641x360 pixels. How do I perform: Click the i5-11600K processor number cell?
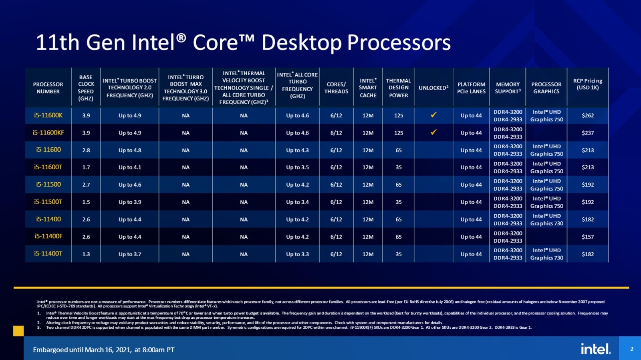tap(48, 115)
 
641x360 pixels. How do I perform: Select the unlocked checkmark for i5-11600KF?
tap(433, 132)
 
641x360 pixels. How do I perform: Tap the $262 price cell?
tap(588, 115)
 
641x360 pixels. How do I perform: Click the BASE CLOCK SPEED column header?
tap(86, 88)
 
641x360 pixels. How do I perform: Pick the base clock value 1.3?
tap(86, 254)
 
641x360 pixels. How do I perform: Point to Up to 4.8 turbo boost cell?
tap(129, 150)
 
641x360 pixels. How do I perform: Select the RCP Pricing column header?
tap(588, 84)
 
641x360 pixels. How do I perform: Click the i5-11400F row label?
tap(48, 236)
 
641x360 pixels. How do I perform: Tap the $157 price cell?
tap(588, 237)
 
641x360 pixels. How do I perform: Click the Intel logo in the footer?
tap(596, 349)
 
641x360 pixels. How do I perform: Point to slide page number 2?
tap(632, 349)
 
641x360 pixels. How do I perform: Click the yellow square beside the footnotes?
tap(18, 331)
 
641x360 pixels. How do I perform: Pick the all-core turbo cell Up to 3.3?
tap(297, 254)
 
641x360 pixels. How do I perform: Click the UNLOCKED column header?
tap(433, 88)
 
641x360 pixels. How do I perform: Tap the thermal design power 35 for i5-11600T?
tap(398, 167)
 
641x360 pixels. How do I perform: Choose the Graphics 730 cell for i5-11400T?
tap(546, 254)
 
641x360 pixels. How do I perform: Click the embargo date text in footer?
tap(103, 350)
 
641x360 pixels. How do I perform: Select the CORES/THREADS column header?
tap(336, 88)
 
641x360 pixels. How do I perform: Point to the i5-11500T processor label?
tap(48, 202)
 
